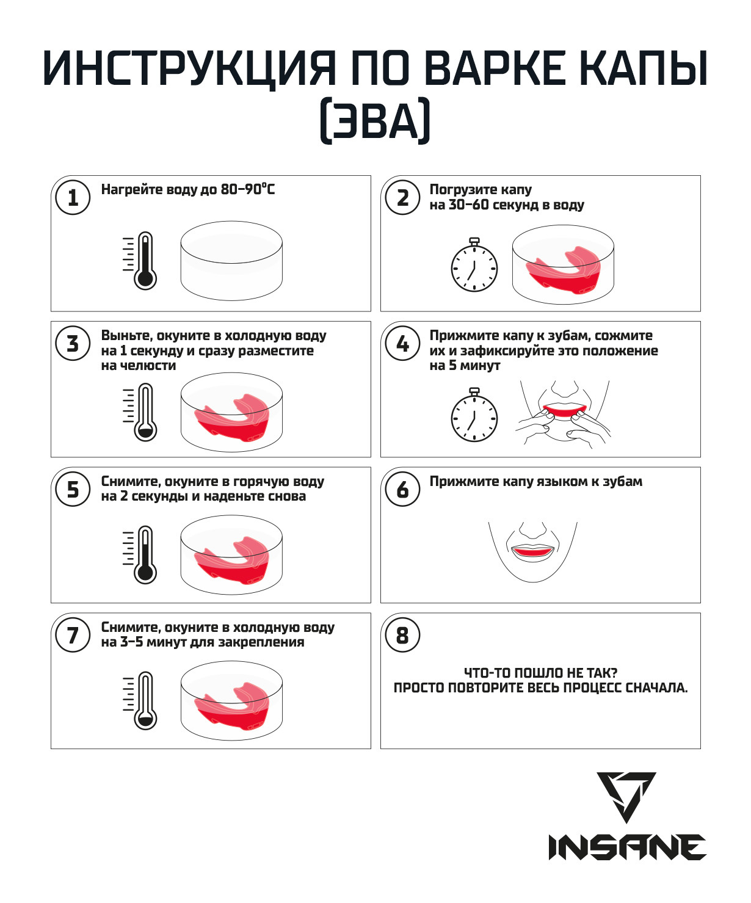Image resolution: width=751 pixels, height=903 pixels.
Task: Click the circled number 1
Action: [73, 198]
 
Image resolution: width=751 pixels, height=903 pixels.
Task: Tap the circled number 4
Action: [403, 343]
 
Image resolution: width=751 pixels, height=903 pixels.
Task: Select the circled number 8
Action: [403, 635]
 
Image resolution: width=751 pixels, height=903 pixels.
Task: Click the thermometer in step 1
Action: [140, 260]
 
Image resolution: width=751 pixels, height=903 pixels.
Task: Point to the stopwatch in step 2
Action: [474, 264]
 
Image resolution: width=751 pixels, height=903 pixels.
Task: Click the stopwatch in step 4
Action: [474, 415]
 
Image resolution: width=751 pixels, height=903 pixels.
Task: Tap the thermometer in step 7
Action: [140, 701]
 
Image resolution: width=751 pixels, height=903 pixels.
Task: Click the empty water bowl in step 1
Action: [231, 261]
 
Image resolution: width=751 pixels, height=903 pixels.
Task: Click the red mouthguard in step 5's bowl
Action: [232, 560]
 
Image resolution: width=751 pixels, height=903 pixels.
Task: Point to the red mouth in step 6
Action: [532, 551]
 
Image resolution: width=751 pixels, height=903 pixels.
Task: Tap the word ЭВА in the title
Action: [375, 120]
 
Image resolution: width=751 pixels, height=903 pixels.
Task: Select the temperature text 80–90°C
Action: [248, 189]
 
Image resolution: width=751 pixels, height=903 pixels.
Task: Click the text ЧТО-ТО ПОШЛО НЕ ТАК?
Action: [540, 673]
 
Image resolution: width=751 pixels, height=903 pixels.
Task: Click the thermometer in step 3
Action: [140, 412]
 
